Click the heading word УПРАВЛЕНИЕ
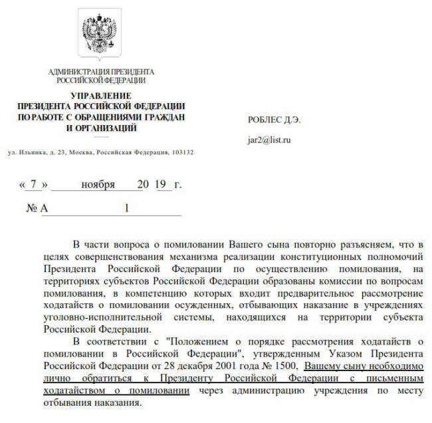[x=100, y=96]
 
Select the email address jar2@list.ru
[x=269, y=140]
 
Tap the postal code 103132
[x=181, y=152]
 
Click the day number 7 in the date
[x=35, y=184]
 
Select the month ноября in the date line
[x=98, y=184]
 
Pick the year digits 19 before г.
[x=162, y=184]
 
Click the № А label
[x=33, y=208]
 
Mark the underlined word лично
[x=56, y=378]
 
